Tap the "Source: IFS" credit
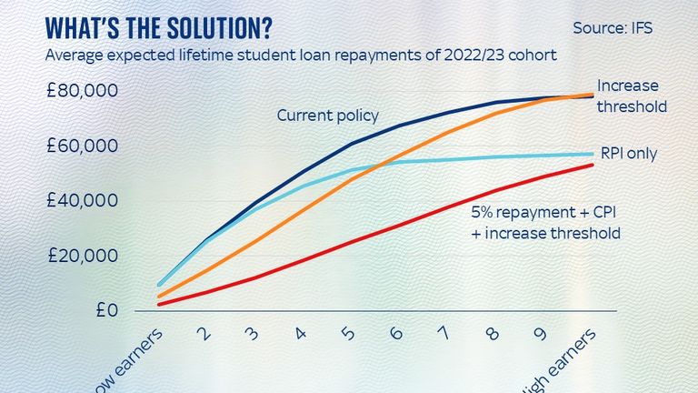pyautogui.click(x=613, y=28)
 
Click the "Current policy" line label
pyautogui.click(x=327, y=116)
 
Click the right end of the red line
pyautogui.click(x=593, y=165)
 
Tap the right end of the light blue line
pyautogui.click(x=593, y=154)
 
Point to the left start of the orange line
pyautogui.click(x=159, y=297)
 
